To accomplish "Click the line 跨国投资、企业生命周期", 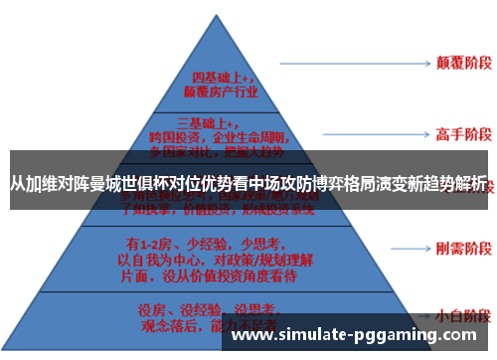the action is point(220,138).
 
